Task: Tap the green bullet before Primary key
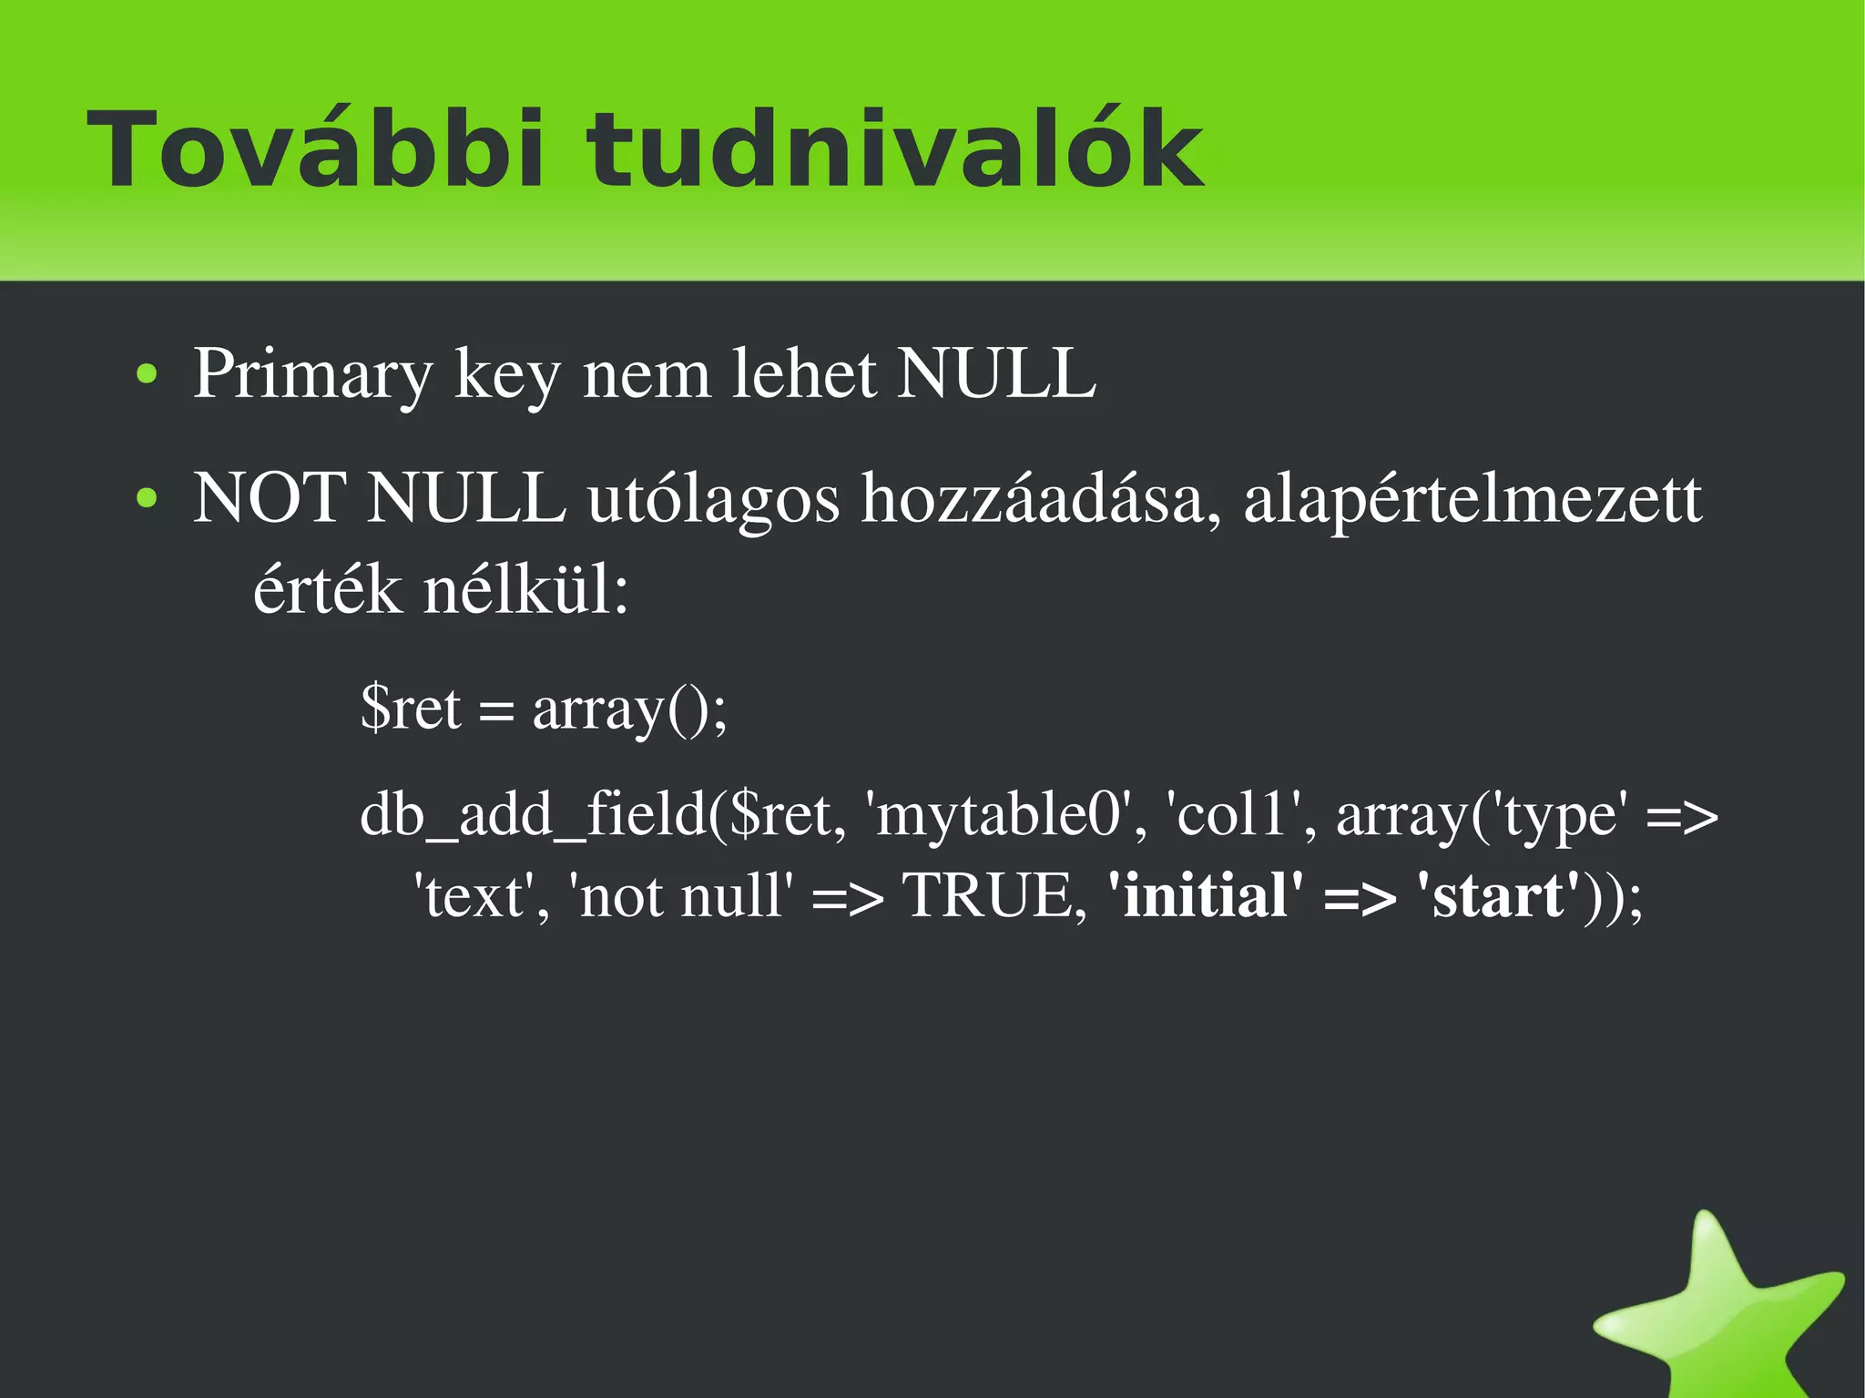click(147, 374)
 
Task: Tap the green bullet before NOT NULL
click(147, 499)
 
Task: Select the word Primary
click(313, 374)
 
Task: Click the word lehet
click(805, 374)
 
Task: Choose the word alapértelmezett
click(1472, 499)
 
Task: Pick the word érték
click(327, 590)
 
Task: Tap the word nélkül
click(526, 590)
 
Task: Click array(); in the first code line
click(630, 709)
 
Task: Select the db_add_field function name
click(533, 813)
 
